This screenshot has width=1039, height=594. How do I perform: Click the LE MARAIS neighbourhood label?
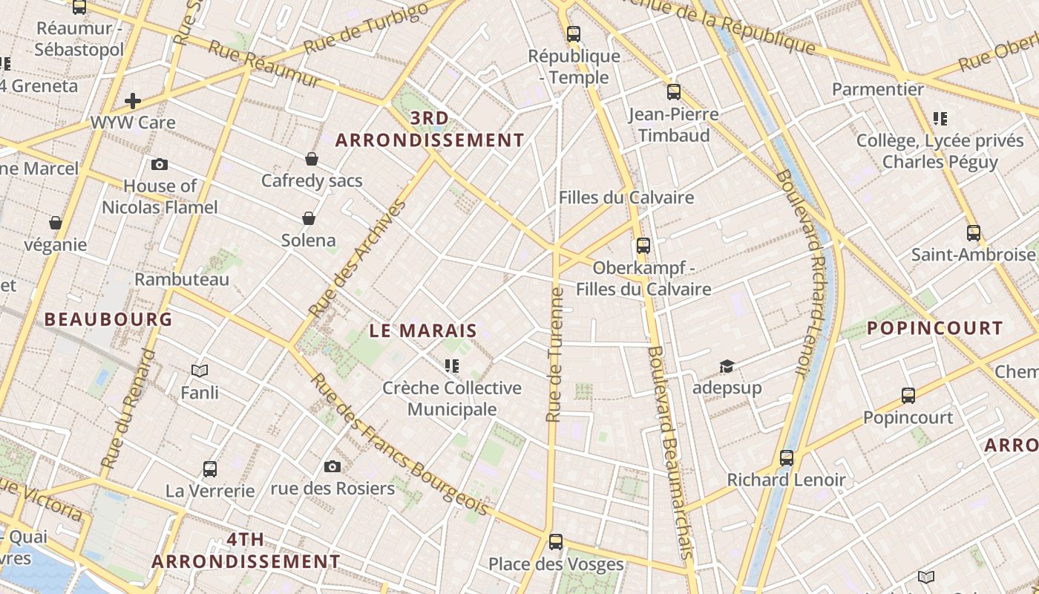(x=423, y=330)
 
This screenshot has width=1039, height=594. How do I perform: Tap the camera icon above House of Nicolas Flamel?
(x=159, y=164)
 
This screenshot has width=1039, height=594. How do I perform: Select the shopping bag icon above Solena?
(x=309, y=218)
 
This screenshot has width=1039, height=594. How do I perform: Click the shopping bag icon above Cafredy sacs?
(x=312, y=159)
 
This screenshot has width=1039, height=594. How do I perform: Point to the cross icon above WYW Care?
(x=133, y=100)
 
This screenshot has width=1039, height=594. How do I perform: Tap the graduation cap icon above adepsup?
(x=727, y=366)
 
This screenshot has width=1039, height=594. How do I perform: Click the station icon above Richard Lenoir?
(x=787, y=458)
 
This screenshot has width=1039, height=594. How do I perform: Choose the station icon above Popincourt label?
(x=908, y=396)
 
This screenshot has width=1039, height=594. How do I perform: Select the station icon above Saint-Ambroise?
(x=973, y=233)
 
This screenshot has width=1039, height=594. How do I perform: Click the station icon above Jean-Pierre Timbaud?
(x=674, y=92)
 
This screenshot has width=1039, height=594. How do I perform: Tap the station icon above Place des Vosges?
(x=556, y=542)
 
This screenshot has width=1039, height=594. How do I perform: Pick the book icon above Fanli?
(x=200, y=370)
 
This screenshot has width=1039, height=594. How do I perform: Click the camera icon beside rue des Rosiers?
(x=332, y=466)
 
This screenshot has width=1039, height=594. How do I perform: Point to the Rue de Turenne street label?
(x=554, y=355)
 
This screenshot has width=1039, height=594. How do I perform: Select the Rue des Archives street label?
(x=358, y=258)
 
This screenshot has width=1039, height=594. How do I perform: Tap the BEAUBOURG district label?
(x=108, y=319)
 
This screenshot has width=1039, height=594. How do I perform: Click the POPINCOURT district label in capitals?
(x=934, y=328)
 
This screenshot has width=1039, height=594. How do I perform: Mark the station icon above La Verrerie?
(x=210, y=469)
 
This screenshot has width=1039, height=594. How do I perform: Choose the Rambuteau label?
(x=182, y=280)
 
